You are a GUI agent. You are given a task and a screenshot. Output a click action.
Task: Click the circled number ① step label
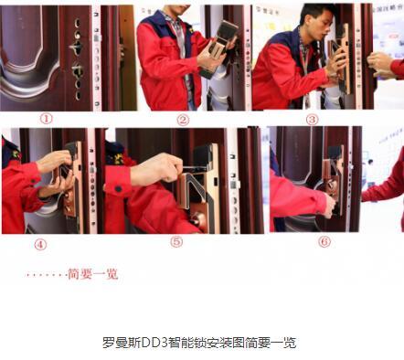(x=47, y=119)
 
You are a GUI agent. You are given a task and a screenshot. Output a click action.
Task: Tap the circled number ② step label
(x=183, y=120)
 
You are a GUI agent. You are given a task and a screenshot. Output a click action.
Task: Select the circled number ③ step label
(x=312, y=120)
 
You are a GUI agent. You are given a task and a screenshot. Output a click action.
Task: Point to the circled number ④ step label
(x=40, y=244)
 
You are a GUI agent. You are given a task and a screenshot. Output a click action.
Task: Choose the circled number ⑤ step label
(x=176, y=242)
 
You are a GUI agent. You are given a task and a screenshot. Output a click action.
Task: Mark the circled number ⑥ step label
(x=324, y=242)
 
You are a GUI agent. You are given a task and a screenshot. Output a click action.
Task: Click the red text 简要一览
(x=92, y=274)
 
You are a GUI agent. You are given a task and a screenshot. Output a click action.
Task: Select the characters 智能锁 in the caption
(x=186, y=343)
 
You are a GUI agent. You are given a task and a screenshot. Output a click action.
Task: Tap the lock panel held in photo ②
(x=218, y=48)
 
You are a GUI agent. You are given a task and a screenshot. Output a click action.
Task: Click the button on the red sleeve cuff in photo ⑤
(x=118, y=189)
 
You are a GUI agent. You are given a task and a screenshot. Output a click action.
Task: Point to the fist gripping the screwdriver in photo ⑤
(x=157, y=168)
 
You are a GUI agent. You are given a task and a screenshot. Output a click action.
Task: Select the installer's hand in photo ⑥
(x=330, y=206)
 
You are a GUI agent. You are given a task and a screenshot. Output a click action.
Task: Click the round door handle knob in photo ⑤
(x=199, y=221)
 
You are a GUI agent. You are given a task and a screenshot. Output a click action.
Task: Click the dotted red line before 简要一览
(x=47, y=275)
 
